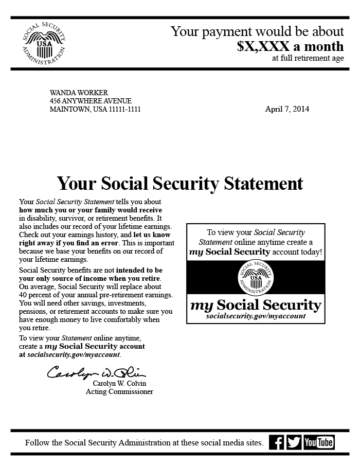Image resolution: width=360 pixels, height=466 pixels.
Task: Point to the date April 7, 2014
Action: click(287, 109)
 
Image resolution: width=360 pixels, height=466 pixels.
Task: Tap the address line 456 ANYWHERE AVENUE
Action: click(91, 101)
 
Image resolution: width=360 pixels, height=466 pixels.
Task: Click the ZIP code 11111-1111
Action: click(124, 109)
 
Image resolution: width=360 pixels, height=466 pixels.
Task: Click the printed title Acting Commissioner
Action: click(119, 392)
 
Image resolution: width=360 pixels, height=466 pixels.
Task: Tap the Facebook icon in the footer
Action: click(277, 442)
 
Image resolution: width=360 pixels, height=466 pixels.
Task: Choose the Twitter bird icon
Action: click(294, 442)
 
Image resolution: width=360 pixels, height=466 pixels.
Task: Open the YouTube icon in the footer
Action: click(319, 442)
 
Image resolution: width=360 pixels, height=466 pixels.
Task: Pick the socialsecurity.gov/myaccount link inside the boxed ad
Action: click(256, 316)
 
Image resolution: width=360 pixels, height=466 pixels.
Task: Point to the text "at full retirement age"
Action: click(308, 58)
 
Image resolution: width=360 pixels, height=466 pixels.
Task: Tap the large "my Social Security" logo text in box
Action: click(256, 304)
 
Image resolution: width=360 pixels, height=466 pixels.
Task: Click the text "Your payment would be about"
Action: click(257, 31)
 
